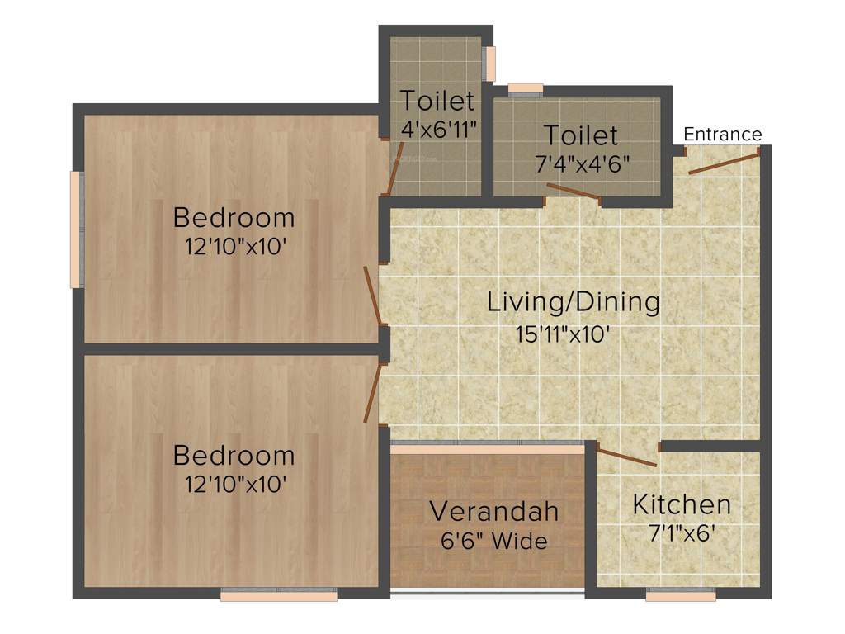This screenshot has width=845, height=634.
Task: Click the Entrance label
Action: pyautogui.click(x=723, y=134)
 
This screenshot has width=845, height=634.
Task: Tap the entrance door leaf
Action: pyautogui.click(x=724, y=163)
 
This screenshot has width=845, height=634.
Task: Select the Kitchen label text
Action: pyautogui.click(x=682, y=504)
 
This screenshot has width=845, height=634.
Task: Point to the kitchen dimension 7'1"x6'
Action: pyautogui.click(x=682, y=532)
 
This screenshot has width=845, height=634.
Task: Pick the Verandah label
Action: pyautogui.click(x=493, y=511)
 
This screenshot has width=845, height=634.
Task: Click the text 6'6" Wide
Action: pyautogui.click(x=493, y=542)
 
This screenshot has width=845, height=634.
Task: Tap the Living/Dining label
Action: pyautogui.click(x=574, y=301)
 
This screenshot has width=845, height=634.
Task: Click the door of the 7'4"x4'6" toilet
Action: pyautogui.click(x=574, y=193)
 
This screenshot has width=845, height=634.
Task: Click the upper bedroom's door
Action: pyautogui.click(x=373, y=295)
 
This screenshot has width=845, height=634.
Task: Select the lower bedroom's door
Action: pyautogui.click(x=373, y=393)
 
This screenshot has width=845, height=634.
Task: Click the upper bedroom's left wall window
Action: pyautogui.click(x=76, y=229)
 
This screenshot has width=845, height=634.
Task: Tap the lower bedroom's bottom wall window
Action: pyautogui.click(x=279, y=594)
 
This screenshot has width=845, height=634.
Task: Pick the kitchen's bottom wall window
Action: pyautogui.click(x=681, y=594)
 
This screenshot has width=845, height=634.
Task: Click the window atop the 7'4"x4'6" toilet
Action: pyautogui.click(x=526, y=88)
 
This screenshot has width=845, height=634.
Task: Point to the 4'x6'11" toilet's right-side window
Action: pyautogui.click(x=490, y=64)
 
